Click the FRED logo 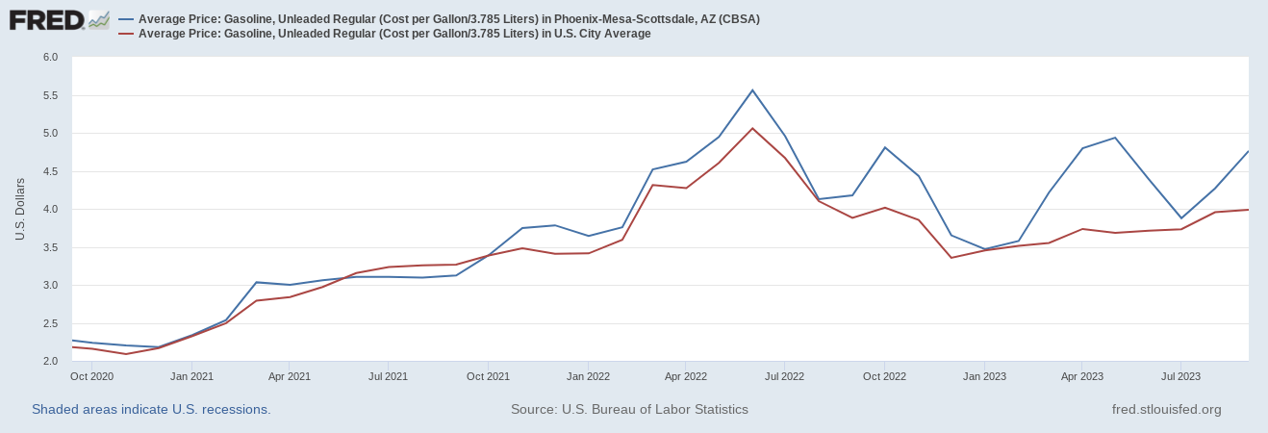[x=58, y=19]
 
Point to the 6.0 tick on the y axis [x=51, y=58]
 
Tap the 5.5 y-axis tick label [x=51, y=95]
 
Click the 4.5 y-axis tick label [x=51, y=171]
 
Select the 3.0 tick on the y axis [x=51, y=286]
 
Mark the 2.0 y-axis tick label [x=51, y=362]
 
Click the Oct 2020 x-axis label [x=92, y=375]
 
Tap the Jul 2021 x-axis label [x=388, y=375]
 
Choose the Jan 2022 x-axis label [x=587, y=375]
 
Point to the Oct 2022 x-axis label [x=883, y=375]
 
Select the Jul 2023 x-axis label [x=1180, y=375]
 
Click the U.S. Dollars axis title [x=20, y=210]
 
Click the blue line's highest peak [x=752, y=90]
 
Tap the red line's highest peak [x=752, y=128]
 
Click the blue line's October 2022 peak [x=884, y=147]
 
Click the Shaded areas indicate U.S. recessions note [x=151, y=409]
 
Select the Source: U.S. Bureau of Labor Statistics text [x=629, y=409]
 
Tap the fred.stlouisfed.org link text [x=1166, y=409]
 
